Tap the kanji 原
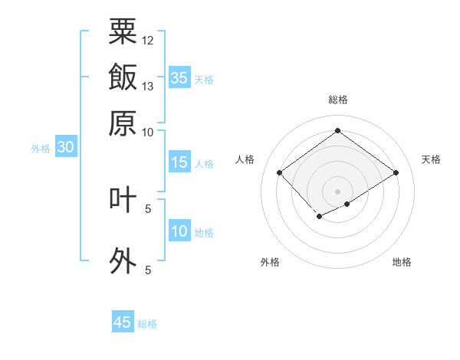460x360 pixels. click(x=123, y=123)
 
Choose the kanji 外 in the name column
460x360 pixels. click(x=123, y=260)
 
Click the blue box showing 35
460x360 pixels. click(x=179, y=78)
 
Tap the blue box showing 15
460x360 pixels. click(x=179, y=162)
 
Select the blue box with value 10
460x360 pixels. click(x=179, y=231)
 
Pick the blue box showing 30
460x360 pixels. click(x=65, y=148)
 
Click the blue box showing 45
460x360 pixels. click(x=123, y=322)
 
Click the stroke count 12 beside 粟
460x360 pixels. click(x=148, y=40)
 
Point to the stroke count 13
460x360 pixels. click(x=148, y=86)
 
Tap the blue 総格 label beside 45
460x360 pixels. click(x=147, y=324)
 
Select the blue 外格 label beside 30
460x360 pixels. click(x=41, y=149)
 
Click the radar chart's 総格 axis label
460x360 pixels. click(x=337, y=100)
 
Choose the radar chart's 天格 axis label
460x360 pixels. click(x=431, y=159)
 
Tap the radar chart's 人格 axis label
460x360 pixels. click(x=245, y=159)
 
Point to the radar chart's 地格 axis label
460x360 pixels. click(x=402, y=262)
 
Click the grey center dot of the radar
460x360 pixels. click(x=337, y=191)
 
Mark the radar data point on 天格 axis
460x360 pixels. click(x=396, y=172)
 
